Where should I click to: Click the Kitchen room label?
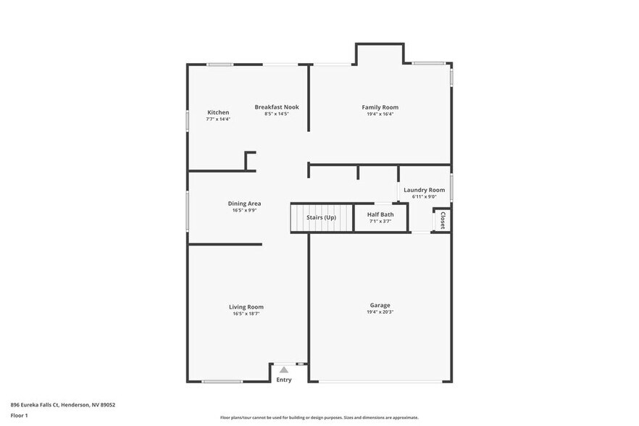pyautogui.click(x=218, y=112)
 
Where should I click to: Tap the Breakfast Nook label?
pyautogui.click(x=277, y=107)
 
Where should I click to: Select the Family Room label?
pyautogui.click(x=380, y=107)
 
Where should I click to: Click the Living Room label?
pyautogui.click(x=246, y=306)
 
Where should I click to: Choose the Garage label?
pyautogui.click(x=380, y=305)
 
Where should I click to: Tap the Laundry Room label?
pyautogui.click(x=425, y=190)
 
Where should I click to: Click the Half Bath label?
pyautogui.click(x=380, y=214)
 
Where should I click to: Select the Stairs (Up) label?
pyautogui.click(x=321, y=217)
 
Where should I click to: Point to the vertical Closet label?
pyautogui.click(x=443, y=220)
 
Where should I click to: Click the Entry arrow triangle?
pyautogui.click(x=284, y=369)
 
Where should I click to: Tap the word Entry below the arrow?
pyautogui.click(x=284, y=380)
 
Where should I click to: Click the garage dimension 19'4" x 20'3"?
pyautogui.click(x=380, y=312)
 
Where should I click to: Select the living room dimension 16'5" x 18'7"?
pyautogui.click(x=246, y=314)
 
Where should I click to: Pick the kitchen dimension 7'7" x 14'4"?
pyautogui.click(x=218, y=119)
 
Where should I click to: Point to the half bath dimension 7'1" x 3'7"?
pyautogui.click(x=380, y=222)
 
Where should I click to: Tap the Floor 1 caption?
pyautogui.click(x=19, y=416)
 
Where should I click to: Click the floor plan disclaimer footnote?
pyautogui.click(x=319, y=417)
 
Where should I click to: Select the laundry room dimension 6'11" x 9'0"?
pyautogui.click(x=425, y=196)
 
